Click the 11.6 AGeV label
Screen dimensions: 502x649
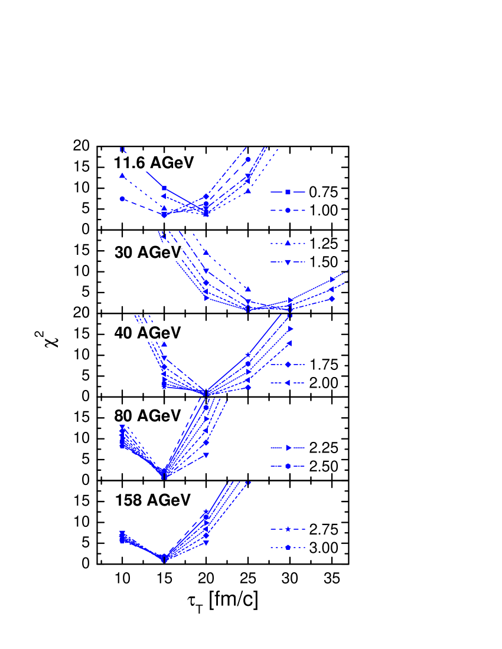(154, 163)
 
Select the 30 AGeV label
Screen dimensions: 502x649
(148, 253)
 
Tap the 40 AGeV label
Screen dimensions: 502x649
(148, 333)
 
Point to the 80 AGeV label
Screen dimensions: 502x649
(148, 416)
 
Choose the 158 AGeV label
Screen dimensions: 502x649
(153, 500)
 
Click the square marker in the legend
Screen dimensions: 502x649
(288, 192)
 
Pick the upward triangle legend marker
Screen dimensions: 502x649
(288, 242)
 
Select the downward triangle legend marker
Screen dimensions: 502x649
(288, 262)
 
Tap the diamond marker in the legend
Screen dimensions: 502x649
(288, 365)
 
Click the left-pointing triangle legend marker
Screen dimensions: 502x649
(288, 383)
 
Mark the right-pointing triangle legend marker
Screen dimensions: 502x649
(288, 448)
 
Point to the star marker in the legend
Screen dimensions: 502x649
(288, 529)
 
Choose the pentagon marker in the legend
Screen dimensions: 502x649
(288, 548)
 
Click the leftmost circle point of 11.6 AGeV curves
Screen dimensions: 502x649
(122, 199)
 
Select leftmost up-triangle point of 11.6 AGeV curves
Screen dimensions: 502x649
(122, 175)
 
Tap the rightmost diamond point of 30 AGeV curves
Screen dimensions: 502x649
(332, 299)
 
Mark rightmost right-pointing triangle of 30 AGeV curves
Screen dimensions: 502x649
(333, 279)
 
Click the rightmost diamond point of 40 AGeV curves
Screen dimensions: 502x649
(249, 388)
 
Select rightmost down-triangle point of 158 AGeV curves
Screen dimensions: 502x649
(206, 542)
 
